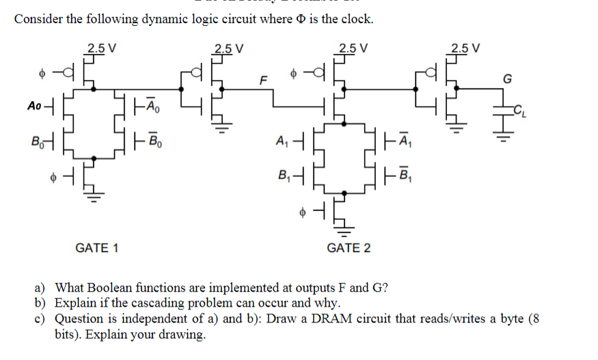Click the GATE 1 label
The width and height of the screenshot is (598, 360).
click(x=96, y=247)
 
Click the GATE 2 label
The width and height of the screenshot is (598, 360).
click(x=349, y=247)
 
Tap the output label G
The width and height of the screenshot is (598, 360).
click(x=506, y=78)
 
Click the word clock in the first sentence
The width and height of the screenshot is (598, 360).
click(x=355, y=18)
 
